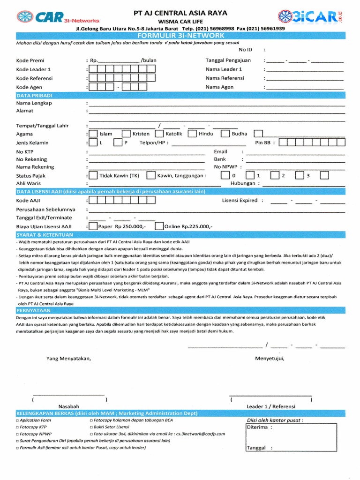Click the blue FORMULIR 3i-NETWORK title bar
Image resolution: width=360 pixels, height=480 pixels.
coord(180,36)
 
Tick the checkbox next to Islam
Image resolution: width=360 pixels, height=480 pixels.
coord(93,134)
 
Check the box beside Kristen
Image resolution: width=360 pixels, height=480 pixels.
coord(126,134)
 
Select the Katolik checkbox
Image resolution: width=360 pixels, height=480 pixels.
coord(159,134)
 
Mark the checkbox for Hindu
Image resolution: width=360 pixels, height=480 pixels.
coord(192,134)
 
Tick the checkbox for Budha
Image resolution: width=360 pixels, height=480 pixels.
coord(225,134)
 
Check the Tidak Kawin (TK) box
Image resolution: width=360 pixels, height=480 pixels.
coord(93,176)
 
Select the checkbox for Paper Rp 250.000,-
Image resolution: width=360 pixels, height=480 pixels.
coord(93,226)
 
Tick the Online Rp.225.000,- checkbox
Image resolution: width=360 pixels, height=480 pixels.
coord(159,226)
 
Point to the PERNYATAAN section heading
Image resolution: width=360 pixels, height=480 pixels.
coord(31,310)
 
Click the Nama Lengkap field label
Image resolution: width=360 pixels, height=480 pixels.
coord(34,103)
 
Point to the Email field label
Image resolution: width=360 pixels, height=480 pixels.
coord(220,152)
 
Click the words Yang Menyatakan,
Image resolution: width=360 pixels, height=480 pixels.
coord(68,359)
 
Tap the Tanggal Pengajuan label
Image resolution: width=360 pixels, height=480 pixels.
coord(228,60)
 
